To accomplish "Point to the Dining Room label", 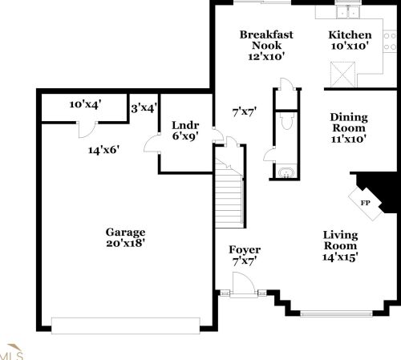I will coord(348,127).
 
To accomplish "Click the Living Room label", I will coord(340,245).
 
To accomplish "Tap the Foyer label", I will coord(245,255).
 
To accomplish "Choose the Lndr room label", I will coord(184,131).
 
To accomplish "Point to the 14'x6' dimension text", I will coord(104,149).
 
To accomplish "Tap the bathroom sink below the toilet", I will coord(286,170).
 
